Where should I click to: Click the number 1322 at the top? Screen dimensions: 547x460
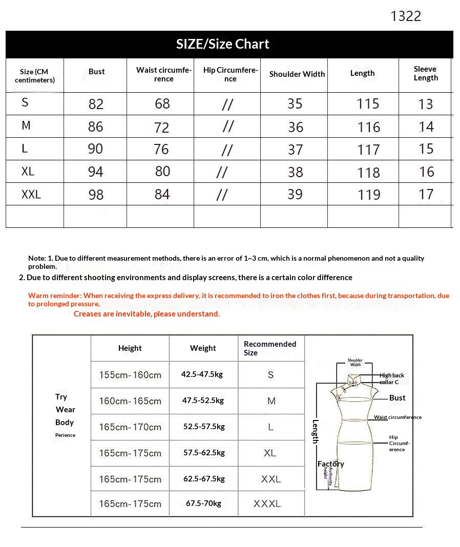tap(406, 16)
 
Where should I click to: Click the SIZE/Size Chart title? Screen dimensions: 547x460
tap(223, 44)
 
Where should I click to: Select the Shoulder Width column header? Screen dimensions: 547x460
tap(297, 74)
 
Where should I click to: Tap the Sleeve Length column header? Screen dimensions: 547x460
tap(426, 73)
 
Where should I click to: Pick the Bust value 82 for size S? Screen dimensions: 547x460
tap(96, 104)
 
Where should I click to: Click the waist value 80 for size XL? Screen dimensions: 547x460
tap(162, 171)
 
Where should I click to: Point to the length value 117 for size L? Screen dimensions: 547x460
tap(369, 150)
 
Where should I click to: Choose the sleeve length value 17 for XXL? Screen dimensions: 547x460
tap(426, 195)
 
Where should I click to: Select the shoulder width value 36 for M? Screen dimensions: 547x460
tap(296, 127)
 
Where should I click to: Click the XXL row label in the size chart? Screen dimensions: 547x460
tap(31, 195)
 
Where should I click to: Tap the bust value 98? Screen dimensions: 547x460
tap(96, 195)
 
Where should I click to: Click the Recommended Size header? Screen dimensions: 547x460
tap(270, 348)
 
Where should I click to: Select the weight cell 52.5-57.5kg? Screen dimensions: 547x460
tap(204, 427)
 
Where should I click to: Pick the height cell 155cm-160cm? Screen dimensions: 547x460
tap(130, 375)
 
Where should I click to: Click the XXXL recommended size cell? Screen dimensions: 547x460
tap(267, 504)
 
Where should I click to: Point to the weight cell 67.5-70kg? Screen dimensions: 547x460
tap(203, 504)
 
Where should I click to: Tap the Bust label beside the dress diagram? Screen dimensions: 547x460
tap(397, 398)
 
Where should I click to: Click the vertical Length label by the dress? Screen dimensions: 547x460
tap(316, 431)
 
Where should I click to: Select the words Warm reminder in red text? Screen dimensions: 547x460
tap(54, 296)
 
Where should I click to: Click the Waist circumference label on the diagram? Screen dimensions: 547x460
tap(398, 417)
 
